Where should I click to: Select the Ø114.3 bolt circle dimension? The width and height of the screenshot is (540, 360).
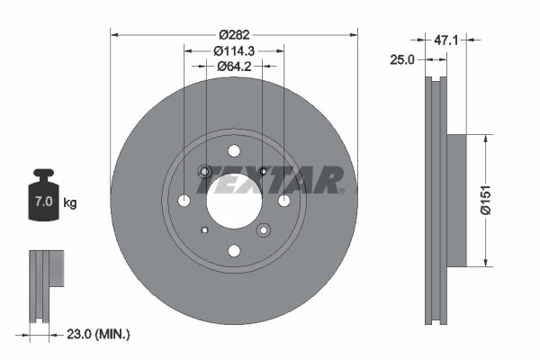[x=234, y=50]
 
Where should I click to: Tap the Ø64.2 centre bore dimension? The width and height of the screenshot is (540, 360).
[x=234, y=66]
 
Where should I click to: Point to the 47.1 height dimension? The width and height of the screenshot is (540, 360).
[x=446, y=40]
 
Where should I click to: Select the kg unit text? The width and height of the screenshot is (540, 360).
[x=69, y=203]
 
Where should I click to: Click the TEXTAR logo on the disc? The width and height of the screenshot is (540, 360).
[x=278, y=180]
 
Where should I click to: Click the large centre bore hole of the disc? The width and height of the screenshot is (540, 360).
[x=233, y=200]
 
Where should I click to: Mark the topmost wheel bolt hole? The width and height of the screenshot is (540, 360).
[x=234, y=151]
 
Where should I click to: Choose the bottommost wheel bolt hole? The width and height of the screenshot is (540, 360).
[x=234, y=250]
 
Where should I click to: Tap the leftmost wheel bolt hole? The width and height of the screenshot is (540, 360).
[x=184, y=201]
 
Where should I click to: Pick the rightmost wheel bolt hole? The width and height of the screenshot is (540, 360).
[x=283, y=201]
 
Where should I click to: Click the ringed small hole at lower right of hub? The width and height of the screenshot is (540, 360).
[x=263, y=230]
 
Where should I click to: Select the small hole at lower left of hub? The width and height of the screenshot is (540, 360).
[x=204, y=230]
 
